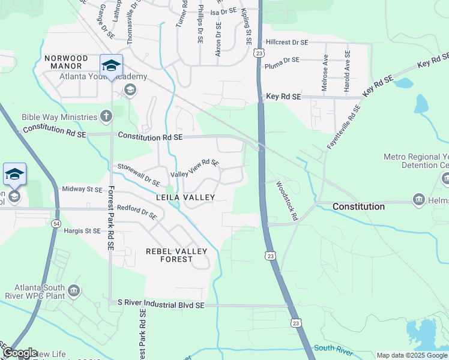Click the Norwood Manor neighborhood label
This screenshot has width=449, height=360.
(66, 63)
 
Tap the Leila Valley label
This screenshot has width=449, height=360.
(185, 197)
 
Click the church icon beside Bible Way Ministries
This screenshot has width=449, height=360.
(106, 116)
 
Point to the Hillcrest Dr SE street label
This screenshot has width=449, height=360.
(287, 43)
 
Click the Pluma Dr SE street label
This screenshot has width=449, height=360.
(282, 61)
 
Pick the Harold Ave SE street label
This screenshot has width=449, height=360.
(347, 71)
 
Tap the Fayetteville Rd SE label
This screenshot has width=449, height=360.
(344, 127)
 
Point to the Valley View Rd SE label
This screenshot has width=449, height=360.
(195, 168)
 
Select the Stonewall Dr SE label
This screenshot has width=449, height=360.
(139, 175)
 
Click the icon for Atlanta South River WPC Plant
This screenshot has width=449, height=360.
(73, 291)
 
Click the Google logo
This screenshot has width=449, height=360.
(19, 353)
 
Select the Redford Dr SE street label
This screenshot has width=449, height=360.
(137, 212)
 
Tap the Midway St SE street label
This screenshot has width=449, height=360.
(82, 190)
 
